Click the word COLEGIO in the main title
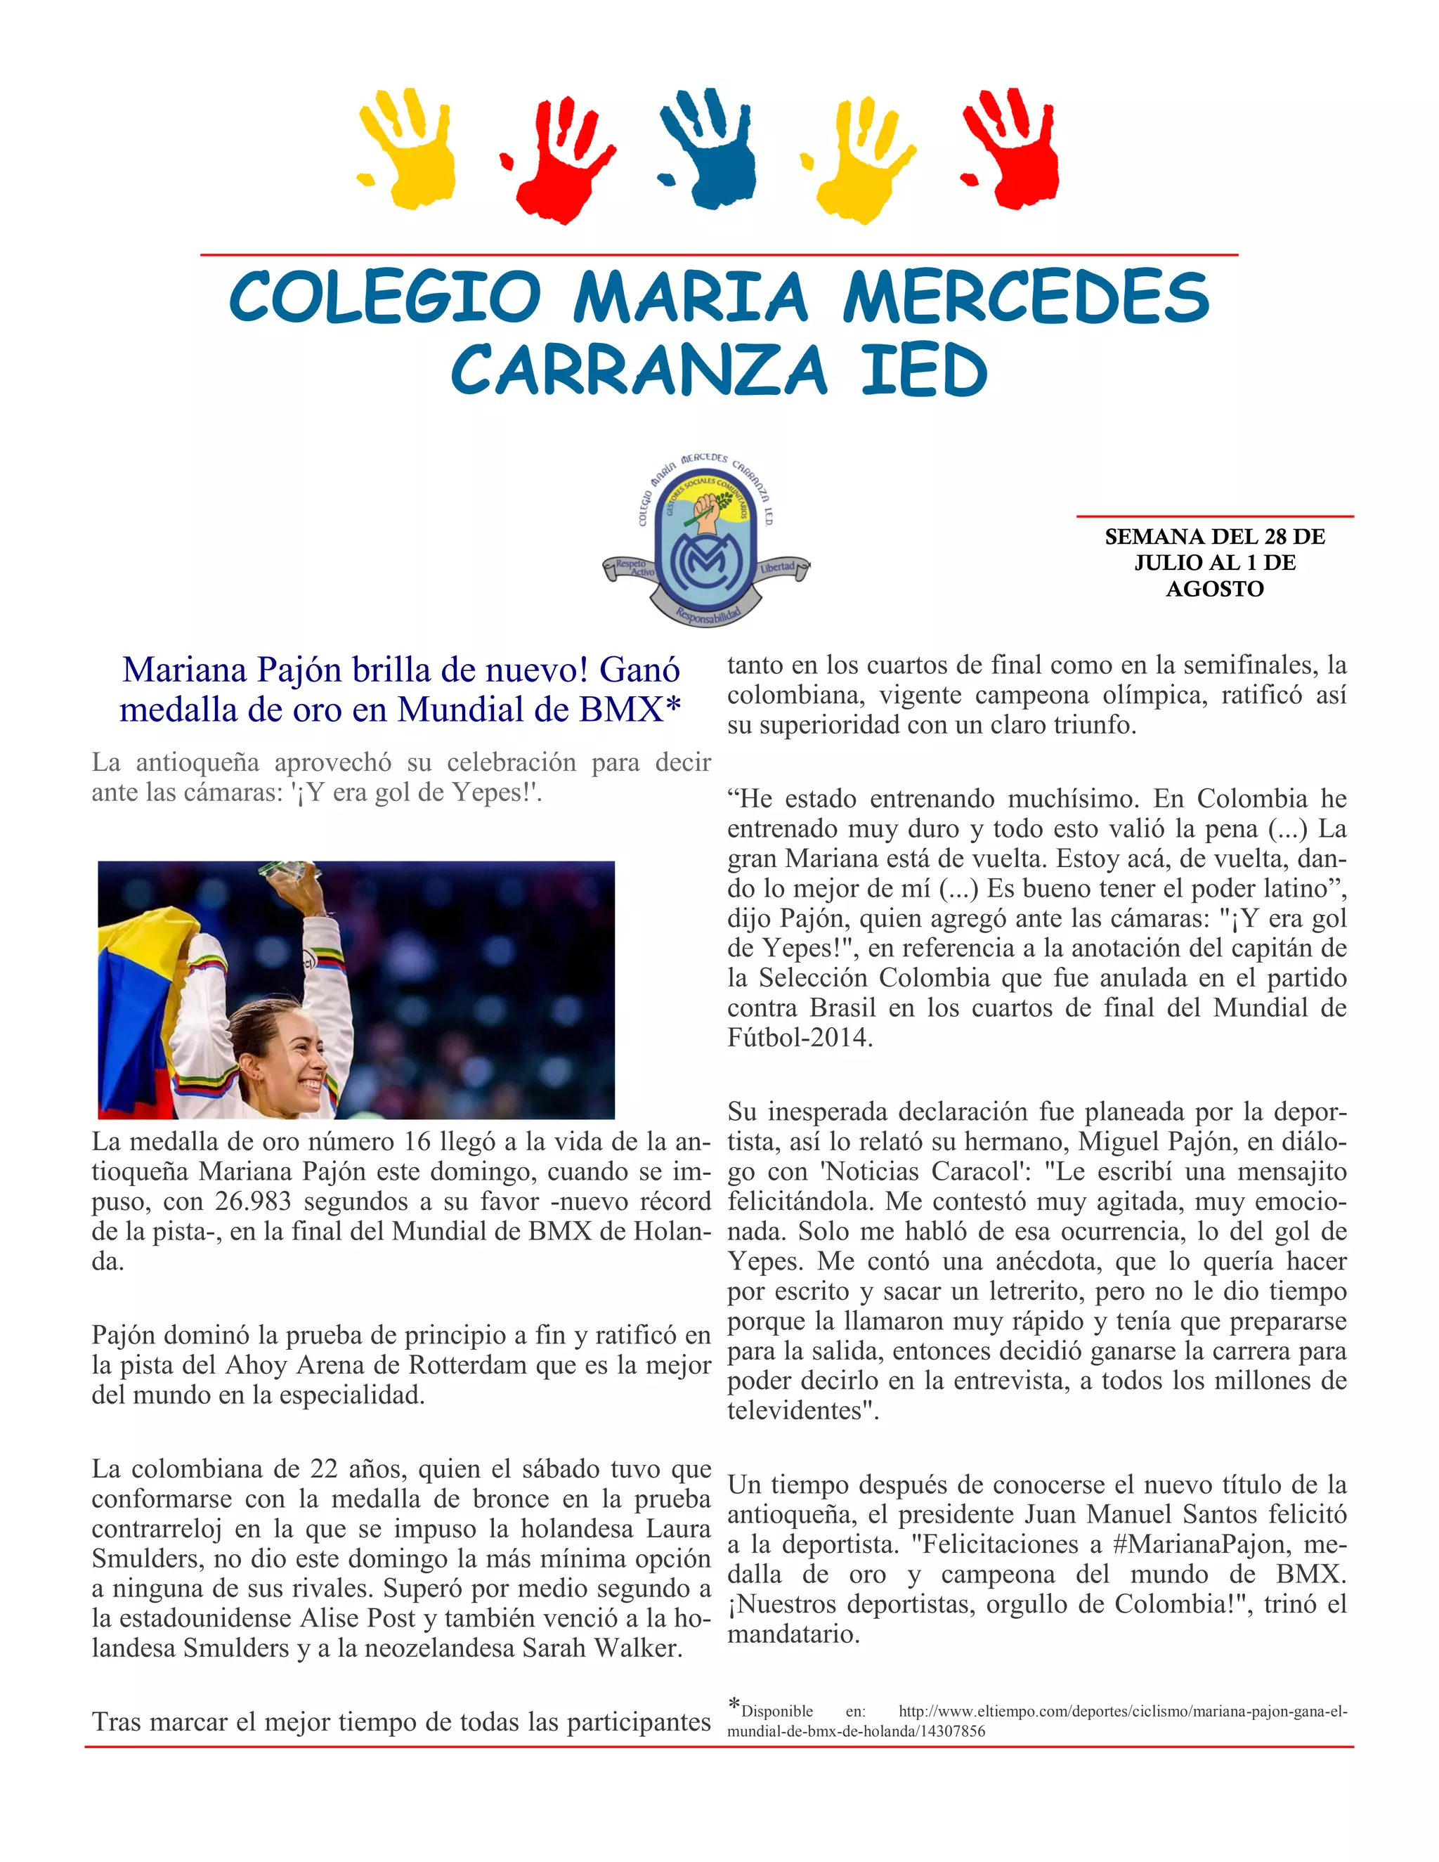(x=384, y=297)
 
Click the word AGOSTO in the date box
(x=1214, y=589)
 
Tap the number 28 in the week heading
(x=1275, y=537)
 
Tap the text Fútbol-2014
(x=799, y=1038)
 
